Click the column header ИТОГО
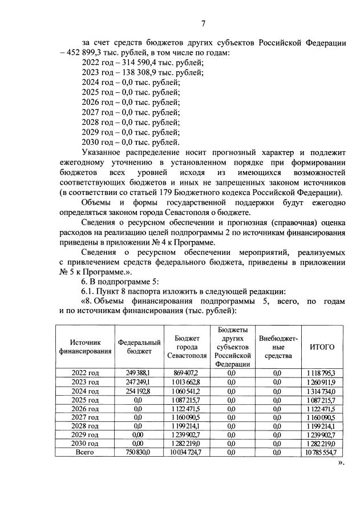(x=321, y=347)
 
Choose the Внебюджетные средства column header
(x=278, y=347)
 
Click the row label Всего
(x=85, y=452)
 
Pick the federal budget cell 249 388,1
(x=137, y=372)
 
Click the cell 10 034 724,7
(x=186, y=452)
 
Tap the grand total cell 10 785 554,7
(x=321, y=452)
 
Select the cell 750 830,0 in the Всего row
(x=137, y=452)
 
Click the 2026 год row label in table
(x=85, y=408)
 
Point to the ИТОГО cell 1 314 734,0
(x=321, y=391)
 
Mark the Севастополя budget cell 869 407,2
(x=186, y=372)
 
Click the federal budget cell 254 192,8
(x=137, y=391)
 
